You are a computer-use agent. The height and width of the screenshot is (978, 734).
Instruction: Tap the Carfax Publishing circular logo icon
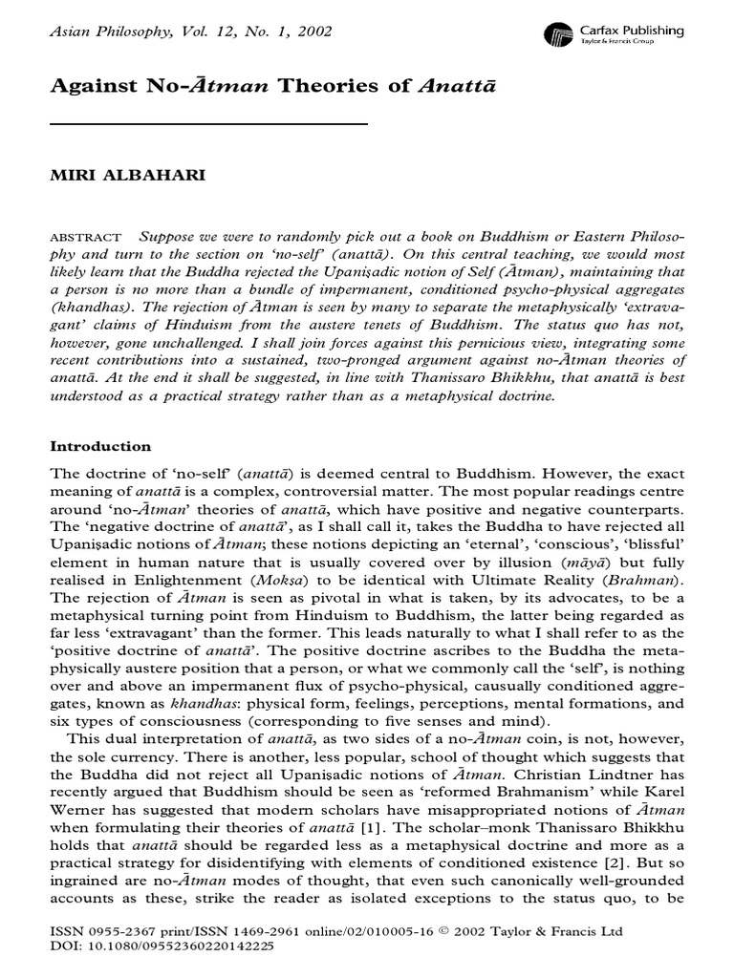click(557, 36)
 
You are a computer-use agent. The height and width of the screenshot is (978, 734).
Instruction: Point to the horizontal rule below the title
click(207, 124)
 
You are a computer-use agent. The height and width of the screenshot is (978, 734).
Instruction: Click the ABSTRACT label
click(85, 238)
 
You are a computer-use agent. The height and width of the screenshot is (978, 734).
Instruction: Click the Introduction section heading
click(100, 446)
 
